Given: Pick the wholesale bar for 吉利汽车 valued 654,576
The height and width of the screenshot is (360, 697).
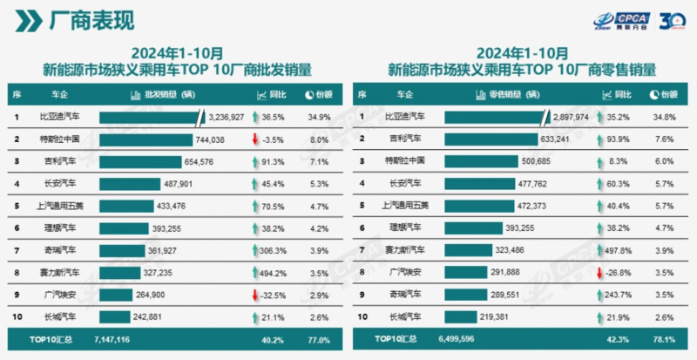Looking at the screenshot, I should [x=142, y=161].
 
